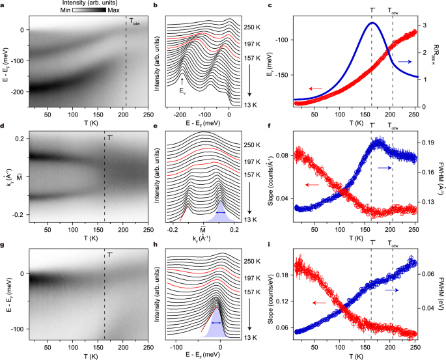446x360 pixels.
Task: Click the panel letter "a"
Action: pyautogui.click(x=4, y=7)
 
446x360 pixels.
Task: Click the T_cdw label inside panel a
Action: pyautogui.click(x=135, y=23)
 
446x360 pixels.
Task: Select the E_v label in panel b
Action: pyautogui.click(x=182, y=91)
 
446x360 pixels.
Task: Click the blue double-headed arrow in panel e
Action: pyautogui.click(x=221, y=213)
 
